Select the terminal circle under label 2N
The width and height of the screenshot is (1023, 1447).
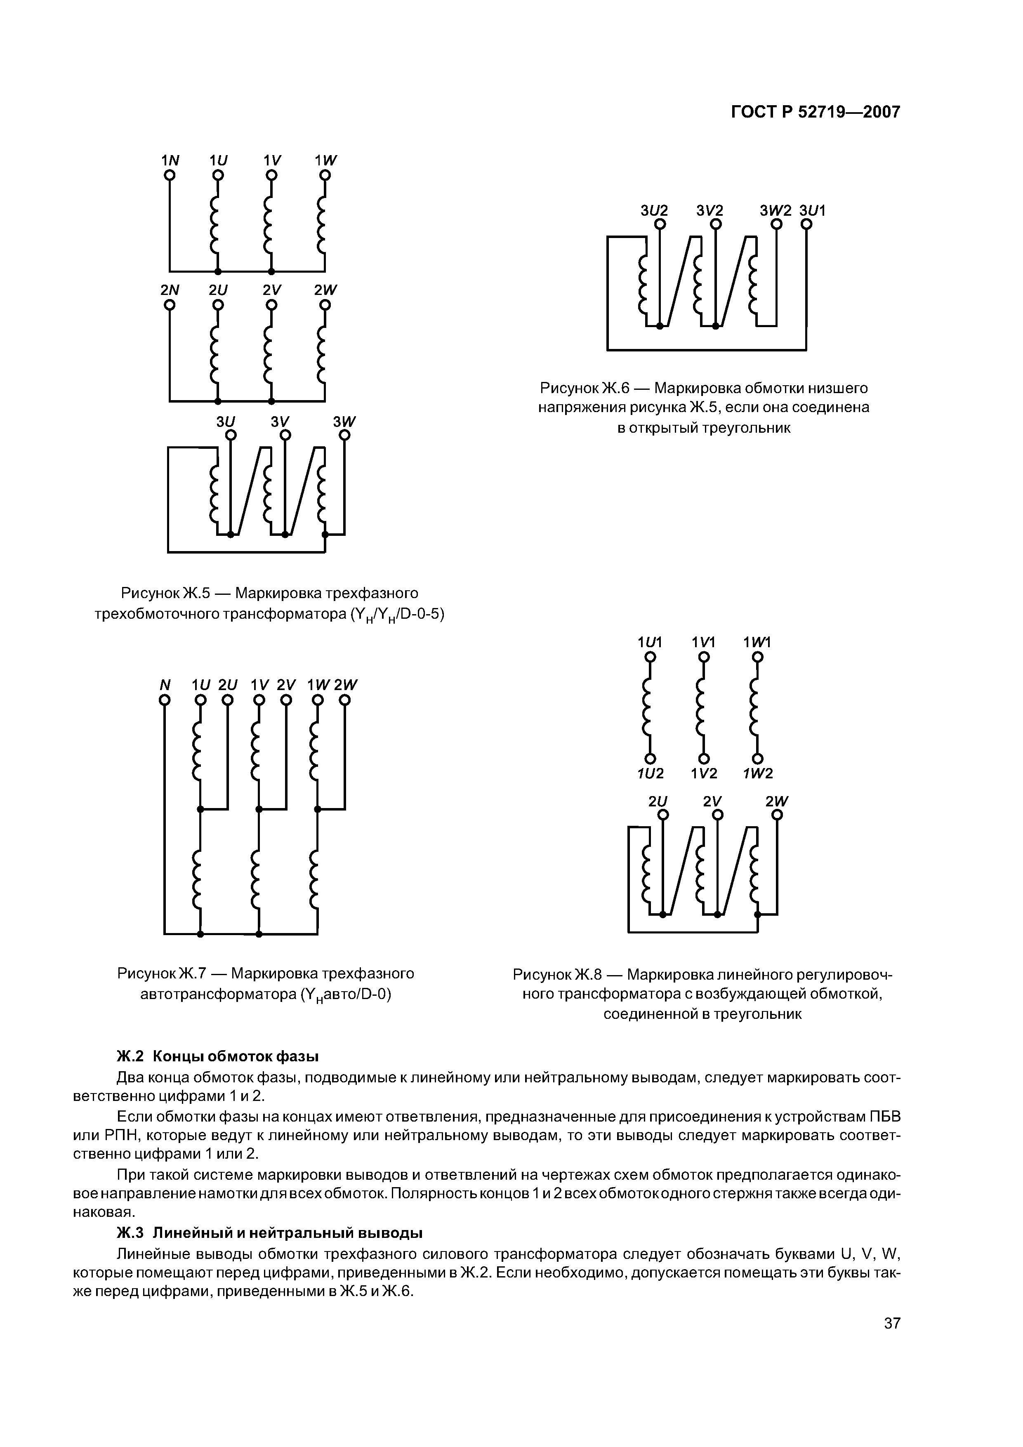pyautogui.click(x=170, y=305)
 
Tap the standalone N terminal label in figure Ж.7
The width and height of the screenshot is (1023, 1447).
pyautogui.click(x=165, y=684)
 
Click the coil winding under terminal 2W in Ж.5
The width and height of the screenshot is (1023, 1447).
pyautogui.click(x=322, y=356)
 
